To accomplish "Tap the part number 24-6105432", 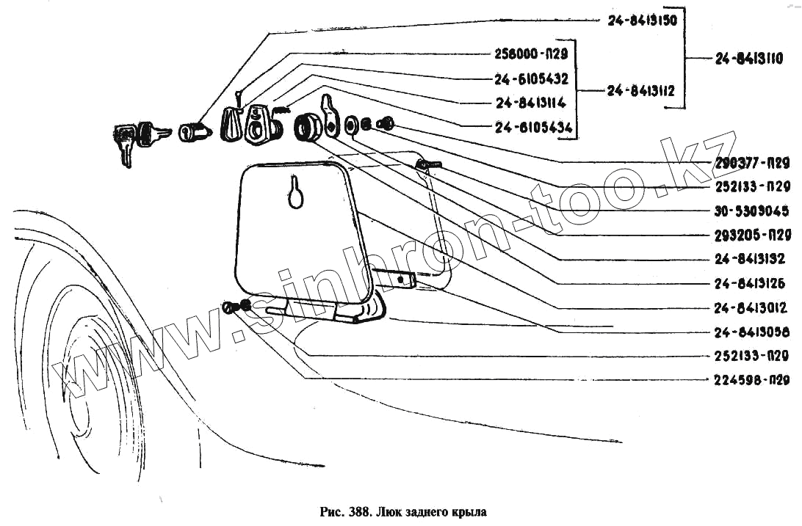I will pos(532,78).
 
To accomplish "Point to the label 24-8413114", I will pos(532,103).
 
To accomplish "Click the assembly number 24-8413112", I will pos(641,91).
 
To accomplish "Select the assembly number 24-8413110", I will pos(748,59).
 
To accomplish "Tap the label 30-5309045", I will pos(751,211).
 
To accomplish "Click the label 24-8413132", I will pos(751,259).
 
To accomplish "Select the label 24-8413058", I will pos(751,332).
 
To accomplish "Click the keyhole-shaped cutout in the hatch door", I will pos(295,192).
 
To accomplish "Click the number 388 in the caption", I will pos(358,511).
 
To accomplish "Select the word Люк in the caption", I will pos(389,511).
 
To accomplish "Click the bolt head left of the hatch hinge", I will pos(229,308).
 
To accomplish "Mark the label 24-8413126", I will pos(751,283).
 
